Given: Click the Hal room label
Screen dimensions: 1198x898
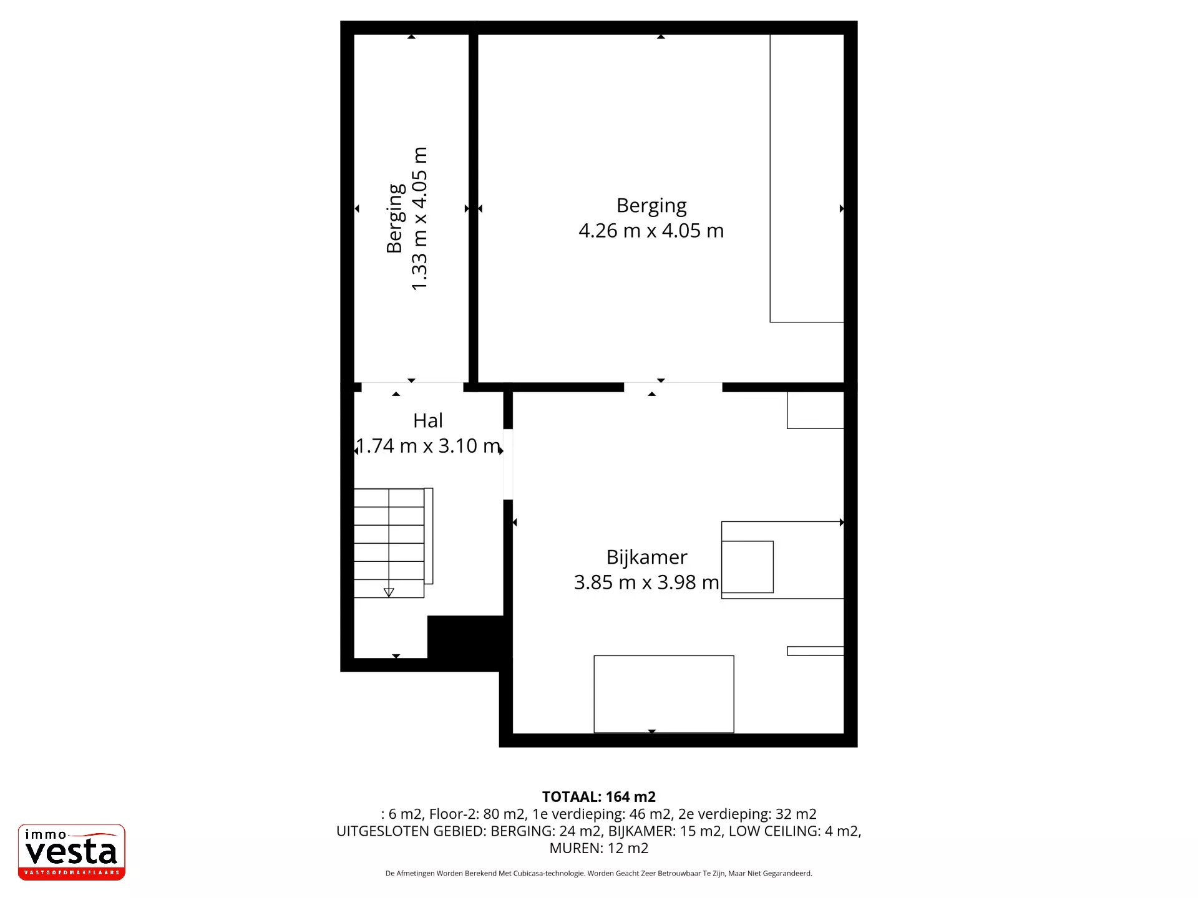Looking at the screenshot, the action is (428, 421).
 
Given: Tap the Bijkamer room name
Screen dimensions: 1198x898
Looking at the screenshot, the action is (647, 558).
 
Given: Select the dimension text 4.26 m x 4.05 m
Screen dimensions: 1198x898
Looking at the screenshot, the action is (651, 231).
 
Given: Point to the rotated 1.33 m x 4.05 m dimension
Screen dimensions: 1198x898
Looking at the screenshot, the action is (419, 219).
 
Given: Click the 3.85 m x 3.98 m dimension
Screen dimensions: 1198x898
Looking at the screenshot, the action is (646, 582).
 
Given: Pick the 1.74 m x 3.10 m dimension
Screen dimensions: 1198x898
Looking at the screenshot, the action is (428, 446).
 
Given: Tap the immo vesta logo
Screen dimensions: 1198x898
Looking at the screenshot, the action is (72, 852).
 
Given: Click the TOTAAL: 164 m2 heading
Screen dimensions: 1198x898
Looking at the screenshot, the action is (599, 797).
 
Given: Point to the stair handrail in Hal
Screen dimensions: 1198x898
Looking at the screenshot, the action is (429, 536).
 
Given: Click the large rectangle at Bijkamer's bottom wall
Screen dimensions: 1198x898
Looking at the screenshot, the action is (664, 694).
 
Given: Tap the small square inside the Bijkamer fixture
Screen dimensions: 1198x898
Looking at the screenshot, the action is (748, 567).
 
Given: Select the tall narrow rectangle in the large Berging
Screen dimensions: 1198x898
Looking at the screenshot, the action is (807, 178).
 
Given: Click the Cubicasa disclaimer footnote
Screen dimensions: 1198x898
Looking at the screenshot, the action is (599, 874).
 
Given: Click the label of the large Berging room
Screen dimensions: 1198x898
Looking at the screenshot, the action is (651, 206).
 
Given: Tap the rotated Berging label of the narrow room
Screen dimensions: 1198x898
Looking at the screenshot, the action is (396, 219).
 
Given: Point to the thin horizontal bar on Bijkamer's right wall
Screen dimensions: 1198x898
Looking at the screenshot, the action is (816, 651).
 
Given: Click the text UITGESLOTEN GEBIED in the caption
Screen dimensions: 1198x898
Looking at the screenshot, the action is (411, 831).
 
